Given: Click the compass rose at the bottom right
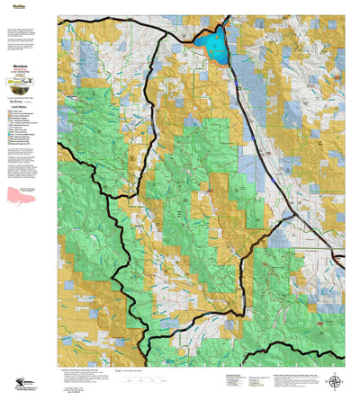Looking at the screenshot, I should [336, 381].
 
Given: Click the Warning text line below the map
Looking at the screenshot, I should [117, 367].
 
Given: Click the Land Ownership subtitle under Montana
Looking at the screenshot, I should [30, 59].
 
